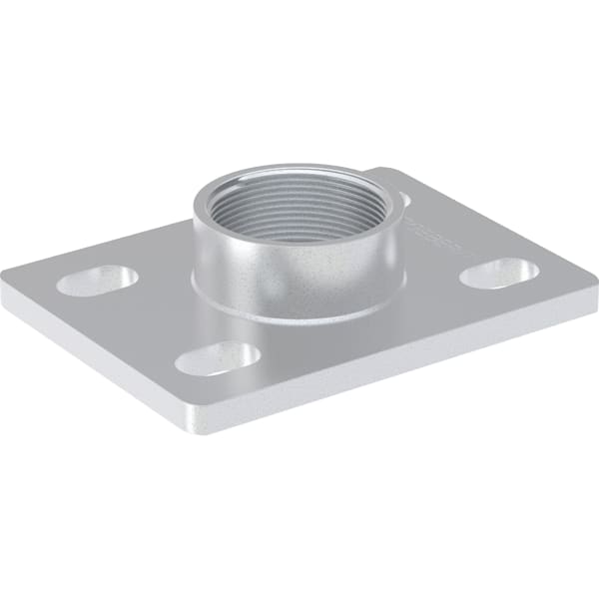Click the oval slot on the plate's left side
(x=96, y=281)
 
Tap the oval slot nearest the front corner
(x=217, y=358)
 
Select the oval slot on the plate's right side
(x=500, y=273)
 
